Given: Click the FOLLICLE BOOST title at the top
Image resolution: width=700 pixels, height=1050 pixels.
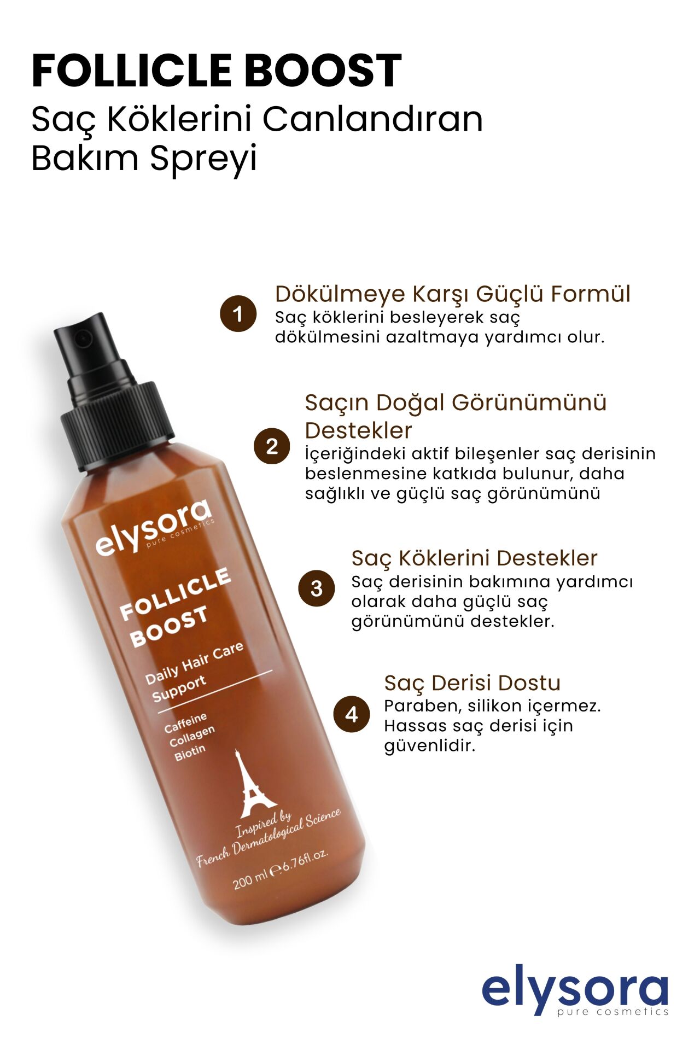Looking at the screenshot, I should tap(217, 71).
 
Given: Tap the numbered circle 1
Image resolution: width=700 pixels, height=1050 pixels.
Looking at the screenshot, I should tap(238, 314).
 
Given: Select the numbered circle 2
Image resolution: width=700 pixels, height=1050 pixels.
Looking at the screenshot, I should tap(272, 447).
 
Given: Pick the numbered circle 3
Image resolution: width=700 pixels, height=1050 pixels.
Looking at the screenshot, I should tap(316, 588).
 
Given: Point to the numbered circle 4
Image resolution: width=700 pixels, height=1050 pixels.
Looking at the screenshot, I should tap(352, 714).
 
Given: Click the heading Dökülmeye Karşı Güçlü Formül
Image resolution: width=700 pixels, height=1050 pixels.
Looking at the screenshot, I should tap(452, 294).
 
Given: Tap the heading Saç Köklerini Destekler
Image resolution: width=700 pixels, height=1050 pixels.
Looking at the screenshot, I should tap(474, 558).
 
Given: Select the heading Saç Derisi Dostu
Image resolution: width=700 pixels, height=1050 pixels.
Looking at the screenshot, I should tap(472, 683).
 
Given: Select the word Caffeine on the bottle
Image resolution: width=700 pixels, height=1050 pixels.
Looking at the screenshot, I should tap(185, 722).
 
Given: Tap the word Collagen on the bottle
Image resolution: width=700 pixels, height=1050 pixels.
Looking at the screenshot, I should tap(192, 737).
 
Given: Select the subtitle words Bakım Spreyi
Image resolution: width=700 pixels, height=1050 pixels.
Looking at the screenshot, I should tap(144, 159).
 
